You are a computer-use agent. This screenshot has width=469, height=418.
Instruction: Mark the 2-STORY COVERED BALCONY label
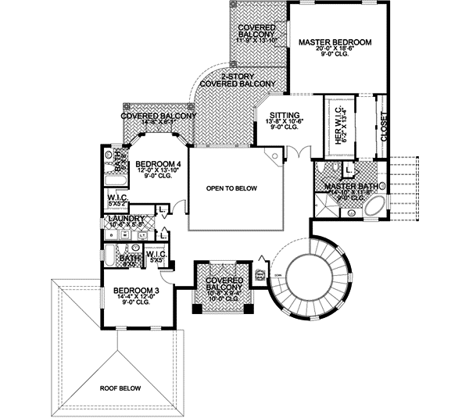pos(238,80)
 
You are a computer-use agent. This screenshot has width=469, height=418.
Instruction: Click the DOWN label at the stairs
pos(276,273)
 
